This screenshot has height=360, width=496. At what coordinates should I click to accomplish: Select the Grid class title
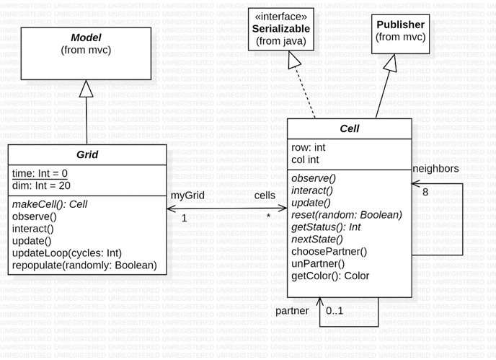point(87,154)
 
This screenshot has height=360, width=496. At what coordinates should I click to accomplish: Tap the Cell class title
point(349,129)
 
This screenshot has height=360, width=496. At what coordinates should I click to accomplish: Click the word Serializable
point(281,27)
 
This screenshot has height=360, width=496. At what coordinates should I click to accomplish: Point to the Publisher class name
point(400,25)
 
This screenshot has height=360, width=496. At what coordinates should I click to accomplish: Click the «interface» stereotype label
point(281,15)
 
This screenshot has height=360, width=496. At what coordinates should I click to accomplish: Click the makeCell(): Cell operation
point(50,204)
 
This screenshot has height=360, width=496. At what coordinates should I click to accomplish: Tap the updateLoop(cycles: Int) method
point(67,253)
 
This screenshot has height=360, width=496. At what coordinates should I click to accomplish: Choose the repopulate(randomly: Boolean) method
point(84,265)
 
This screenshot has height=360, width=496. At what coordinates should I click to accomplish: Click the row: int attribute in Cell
point(309,147)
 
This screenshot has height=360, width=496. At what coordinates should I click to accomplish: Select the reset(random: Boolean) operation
point(347,214)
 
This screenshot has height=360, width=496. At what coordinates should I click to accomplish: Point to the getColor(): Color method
point(330,276)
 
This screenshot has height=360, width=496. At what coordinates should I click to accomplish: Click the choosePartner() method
point(329,251)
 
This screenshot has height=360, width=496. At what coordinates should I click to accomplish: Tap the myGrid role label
point(187,196)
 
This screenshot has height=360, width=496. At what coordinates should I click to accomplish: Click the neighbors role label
point(436,168)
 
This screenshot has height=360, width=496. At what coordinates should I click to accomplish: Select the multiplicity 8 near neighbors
point(425,192)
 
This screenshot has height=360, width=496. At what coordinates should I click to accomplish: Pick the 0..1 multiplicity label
point(335,311)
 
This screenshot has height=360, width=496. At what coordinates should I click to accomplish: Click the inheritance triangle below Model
point(87,89)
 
